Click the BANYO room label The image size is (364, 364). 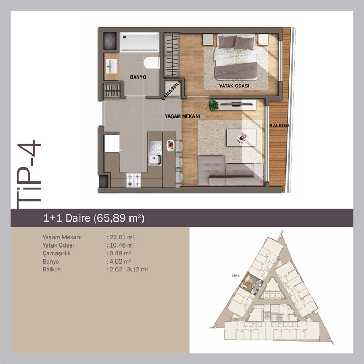click(138, 77)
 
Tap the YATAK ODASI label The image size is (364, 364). click(234, 86)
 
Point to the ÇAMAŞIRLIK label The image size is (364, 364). click(172, 89)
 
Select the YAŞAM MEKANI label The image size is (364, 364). click(182, 116)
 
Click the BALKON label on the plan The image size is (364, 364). click(279, 126)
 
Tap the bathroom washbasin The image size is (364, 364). click(111, 66)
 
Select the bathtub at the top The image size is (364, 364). click(139, 42)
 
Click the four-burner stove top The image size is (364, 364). click(134, 180)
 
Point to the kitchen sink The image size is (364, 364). click(155, 153)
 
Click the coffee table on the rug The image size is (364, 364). click(242, 137)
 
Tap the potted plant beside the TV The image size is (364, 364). click(214, 105)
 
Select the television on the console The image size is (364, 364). click(236, 104)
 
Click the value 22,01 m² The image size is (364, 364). click(121, 237)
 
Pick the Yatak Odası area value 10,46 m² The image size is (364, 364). click(121, 245)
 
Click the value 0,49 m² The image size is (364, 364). click(119, 254)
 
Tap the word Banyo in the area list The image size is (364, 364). click(50, 262)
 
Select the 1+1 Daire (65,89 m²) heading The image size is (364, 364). click(94, 218)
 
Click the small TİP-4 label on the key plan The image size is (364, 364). click(236, 276)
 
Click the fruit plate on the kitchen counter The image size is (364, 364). click(171, 146)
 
